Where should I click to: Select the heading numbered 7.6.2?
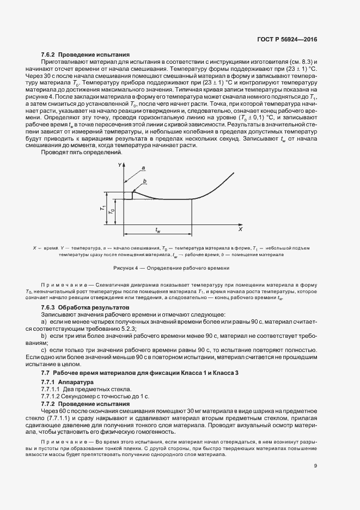(85, 54)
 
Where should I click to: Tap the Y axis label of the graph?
(119, 165)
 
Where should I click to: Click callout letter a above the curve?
(143, 168)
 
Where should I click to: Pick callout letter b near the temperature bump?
(144, 181)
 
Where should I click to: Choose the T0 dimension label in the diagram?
(112, 211)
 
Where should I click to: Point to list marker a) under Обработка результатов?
(44, 322)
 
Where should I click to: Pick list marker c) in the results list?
(44, 349)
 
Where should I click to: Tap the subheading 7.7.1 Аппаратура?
(68, 382)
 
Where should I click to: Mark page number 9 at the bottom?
(315, 465)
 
